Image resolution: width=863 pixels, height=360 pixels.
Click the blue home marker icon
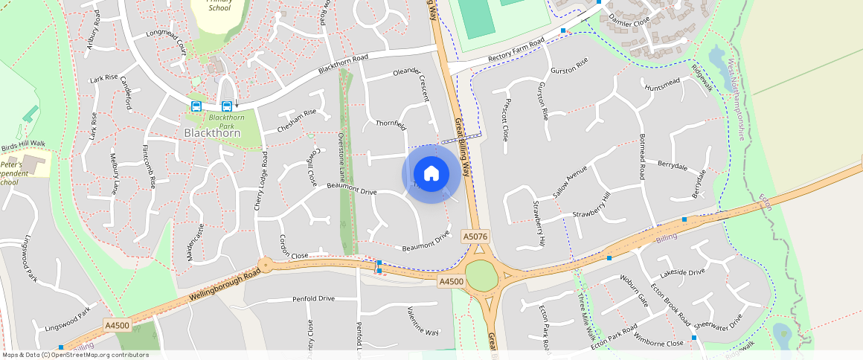(431, 174)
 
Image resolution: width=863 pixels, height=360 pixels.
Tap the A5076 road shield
(475, 236)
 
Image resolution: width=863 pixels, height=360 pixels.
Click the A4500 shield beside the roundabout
(451, 281)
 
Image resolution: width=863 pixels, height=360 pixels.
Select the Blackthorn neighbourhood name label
(212, 132)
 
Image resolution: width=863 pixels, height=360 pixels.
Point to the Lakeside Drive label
(676, 272)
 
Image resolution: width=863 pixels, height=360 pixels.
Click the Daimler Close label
(629, 23)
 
